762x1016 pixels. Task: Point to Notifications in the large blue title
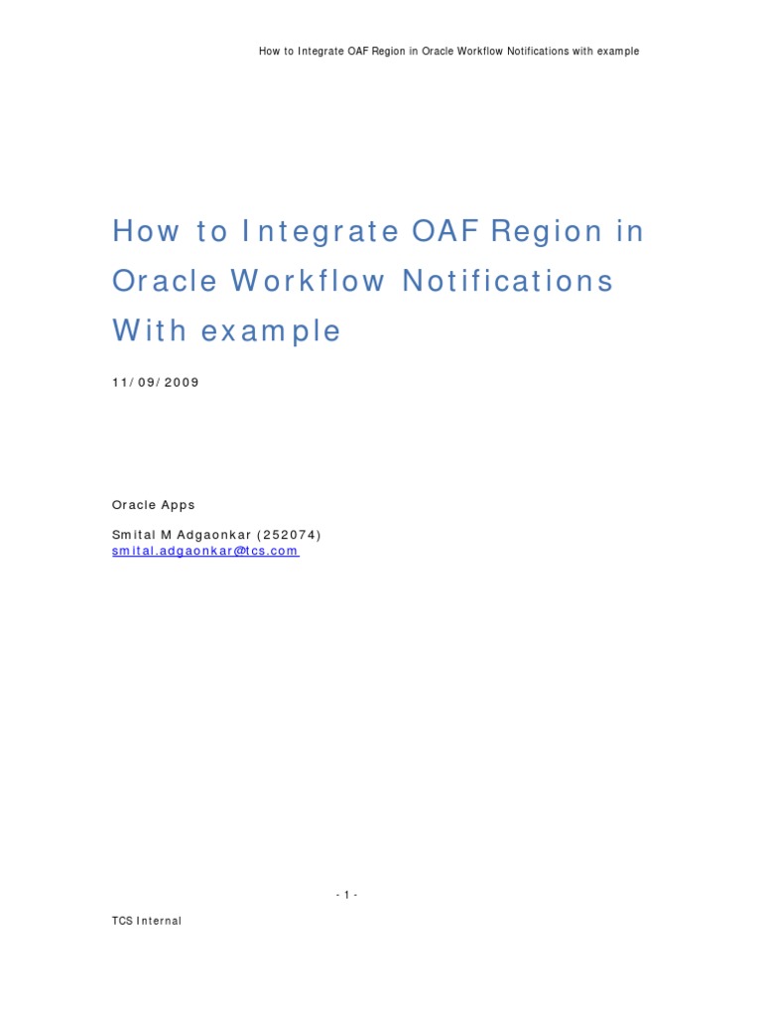(507, 282)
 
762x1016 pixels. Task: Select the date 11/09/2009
(156, 382)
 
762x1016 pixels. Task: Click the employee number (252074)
(291, 535)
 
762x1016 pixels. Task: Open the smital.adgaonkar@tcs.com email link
(205, 551)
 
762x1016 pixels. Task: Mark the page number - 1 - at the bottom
(346, 895)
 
